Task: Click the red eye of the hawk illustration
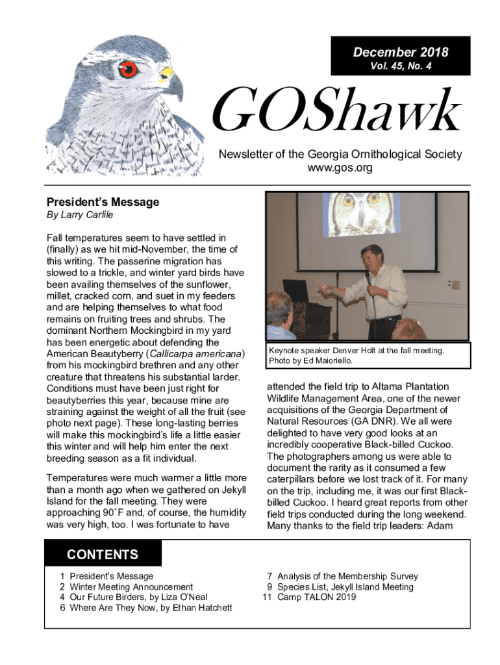tap(128, 69)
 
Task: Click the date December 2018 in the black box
tap(400, 53)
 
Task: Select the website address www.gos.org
tap(340, 168)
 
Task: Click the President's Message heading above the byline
tap(103, 202)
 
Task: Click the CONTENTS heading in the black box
tap(103, 555)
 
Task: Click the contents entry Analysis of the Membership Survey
tap(347, 576)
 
